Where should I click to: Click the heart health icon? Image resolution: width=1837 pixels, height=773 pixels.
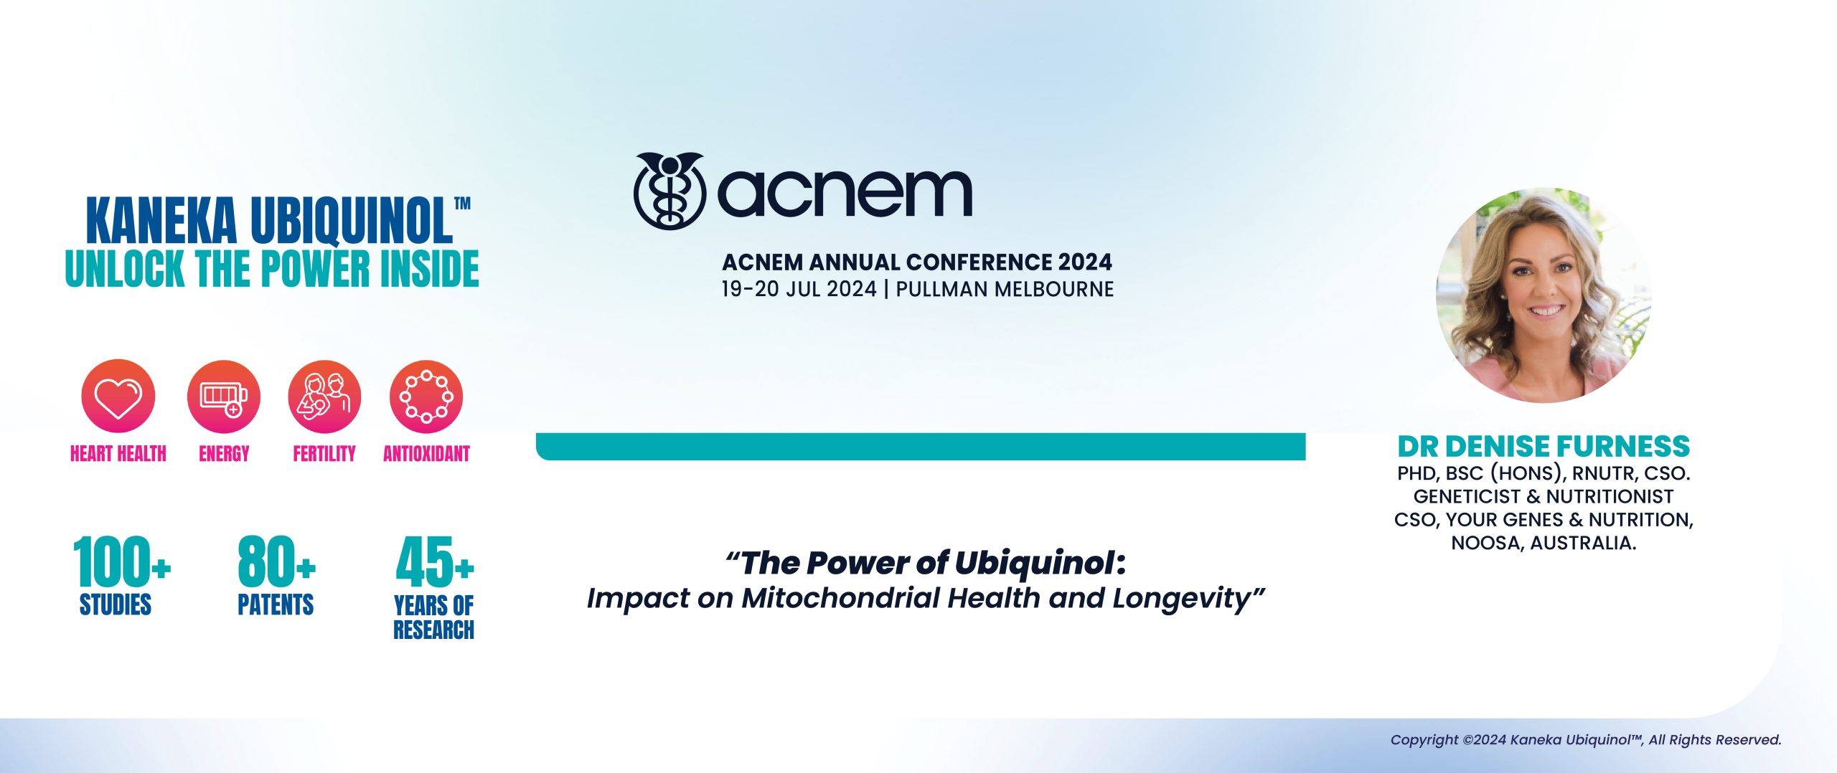click(x=118, y=397)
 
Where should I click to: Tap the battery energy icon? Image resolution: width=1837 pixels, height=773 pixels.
click(x=223, y=397)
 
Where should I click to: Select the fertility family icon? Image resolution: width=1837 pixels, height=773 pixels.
click(x=324, y=397)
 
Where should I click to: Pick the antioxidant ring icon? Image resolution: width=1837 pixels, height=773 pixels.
click(x=426, y=397)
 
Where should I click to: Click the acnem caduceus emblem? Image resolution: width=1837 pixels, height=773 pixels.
click(x=670, y=191)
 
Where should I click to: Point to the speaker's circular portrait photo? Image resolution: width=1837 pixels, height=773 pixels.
click(x=1544, y=295)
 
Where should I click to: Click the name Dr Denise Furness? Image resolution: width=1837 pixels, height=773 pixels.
click(x=1544, y=446)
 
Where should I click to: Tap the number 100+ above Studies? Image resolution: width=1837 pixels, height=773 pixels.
click(x=121, y=562)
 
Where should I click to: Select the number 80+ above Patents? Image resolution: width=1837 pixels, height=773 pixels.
click(x=276, y=562)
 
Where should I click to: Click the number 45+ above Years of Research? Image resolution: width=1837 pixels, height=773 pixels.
click(x=434, y=563)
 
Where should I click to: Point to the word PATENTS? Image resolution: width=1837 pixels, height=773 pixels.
click(x=276, y=604)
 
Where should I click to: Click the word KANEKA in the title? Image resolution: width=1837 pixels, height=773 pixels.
click(x=161, y=221)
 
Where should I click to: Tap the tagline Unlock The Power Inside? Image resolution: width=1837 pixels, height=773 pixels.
click(x=272, y=269)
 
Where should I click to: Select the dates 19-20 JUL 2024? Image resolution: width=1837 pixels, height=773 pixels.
click(x=799, y=290)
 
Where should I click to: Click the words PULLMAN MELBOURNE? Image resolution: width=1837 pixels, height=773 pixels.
click(x=1005, y=290)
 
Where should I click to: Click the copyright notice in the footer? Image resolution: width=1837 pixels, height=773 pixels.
click(x=1586, y=740)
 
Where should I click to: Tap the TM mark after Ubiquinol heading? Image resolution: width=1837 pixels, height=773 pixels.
click(x=463, y=204)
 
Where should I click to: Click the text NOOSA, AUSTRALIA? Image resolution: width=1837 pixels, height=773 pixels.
click(x=1544, y=543)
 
